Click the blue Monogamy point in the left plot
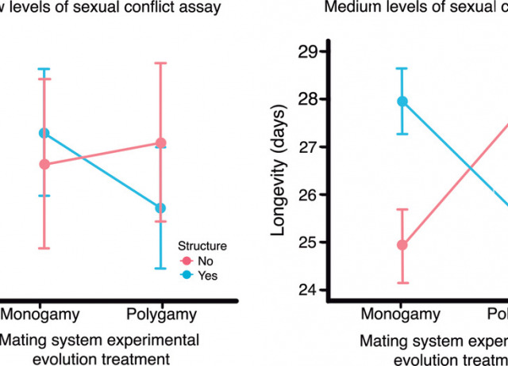[x=44, y=133]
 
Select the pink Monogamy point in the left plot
[x=44, y=164]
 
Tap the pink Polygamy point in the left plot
[x=161, y=143]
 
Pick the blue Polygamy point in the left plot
[x=161, y=208]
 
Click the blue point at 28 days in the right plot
[x=402, y=101]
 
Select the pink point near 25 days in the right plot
[x=402, y=245]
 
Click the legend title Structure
[x=202, y=246]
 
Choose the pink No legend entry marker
[x=187, y=261]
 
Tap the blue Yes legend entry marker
[x=187, y=275]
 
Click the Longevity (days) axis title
[x=279, y=171]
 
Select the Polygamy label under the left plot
[x=161, y=315]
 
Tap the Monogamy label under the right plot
[x=401, y=315]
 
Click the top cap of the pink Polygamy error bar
[x=161, y=63]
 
